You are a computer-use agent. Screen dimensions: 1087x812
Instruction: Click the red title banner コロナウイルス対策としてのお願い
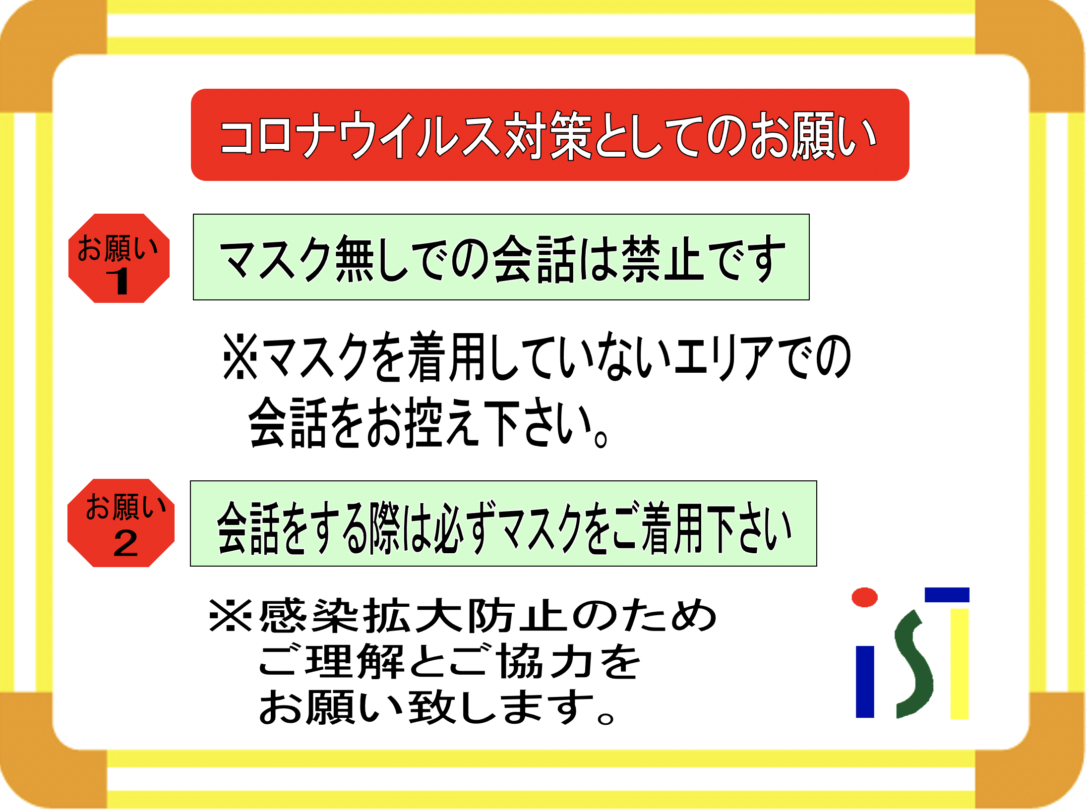[550, 135]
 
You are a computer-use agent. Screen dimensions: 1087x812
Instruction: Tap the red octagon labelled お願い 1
[119, 258]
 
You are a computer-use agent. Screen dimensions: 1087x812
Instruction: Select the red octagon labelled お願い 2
[121, 523]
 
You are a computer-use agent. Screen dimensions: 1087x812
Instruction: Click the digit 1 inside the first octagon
[118, 281]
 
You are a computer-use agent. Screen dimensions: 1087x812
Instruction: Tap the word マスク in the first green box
[276, 258]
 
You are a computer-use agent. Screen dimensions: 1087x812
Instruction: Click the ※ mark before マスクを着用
[241, 356]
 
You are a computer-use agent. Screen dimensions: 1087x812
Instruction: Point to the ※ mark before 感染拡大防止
[231, 616]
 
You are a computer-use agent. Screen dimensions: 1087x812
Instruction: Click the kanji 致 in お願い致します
[432, 706]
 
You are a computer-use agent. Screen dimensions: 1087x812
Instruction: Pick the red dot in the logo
[864, 597]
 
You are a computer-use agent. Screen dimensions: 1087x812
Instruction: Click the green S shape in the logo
[913, 664]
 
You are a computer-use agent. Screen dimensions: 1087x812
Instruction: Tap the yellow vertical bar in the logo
[960, 664]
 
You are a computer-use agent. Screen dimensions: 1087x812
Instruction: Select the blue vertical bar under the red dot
[865, 682]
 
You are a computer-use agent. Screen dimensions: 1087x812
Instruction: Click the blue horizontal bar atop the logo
[947, 595]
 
